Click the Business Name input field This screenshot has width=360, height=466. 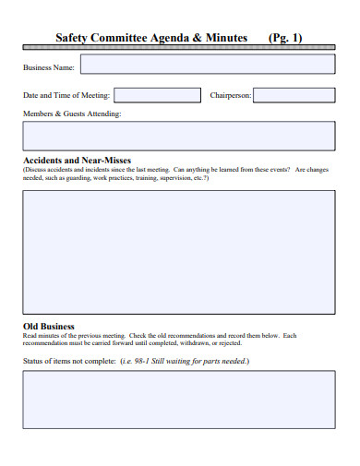(208, 65)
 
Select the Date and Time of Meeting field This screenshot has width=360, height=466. (157, 95)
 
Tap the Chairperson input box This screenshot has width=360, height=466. (294, 95)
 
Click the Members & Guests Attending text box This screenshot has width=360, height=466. (179, 135)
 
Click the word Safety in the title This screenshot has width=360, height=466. (72, 38)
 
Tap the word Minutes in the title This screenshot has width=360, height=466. (226, 38)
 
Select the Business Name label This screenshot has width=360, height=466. (50, 66)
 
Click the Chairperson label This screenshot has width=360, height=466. (231, 95)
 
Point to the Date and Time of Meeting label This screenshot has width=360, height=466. (66, 95)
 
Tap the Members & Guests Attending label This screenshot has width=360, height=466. (72, 114)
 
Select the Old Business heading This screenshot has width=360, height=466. (48, 327)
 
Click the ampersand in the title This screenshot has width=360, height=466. (198, 38)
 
